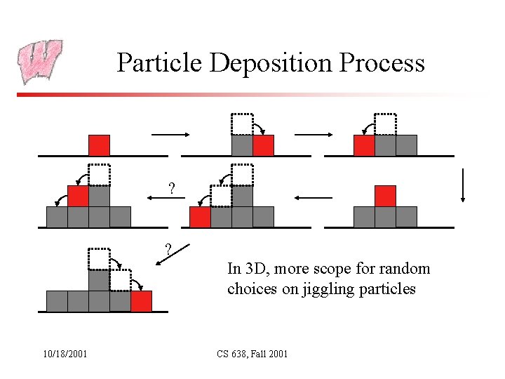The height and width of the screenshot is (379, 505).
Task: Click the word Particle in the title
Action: click(160, 63)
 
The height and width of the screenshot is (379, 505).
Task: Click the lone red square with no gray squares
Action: click(99, 145)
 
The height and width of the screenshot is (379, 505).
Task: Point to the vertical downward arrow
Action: click(462, 186)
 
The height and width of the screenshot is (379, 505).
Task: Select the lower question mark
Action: click(168, 248)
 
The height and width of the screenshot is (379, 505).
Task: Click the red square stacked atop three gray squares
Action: click(385, 196)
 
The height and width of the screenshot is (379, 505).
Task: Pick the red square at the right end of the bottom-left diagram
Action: click(141, 301)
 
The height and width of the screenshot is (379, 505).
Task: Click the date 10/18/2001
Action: click(63, 354)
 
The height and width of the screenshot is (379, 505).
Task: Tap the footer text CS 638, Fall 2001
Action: click(252, 354)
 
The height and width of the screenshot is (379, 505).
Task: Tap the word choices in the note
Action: click(249, 289)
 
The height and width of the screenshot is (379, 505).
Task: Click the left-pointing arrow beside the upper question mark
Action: click(166, 199)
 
